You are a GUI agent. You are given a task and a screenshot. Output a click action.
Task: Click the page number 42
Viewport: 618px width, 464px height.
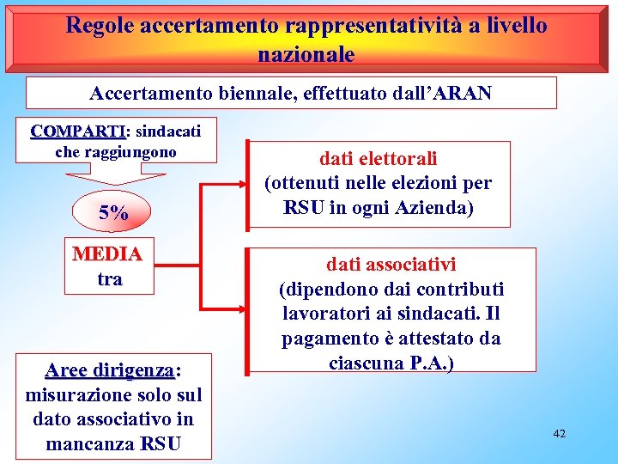point(560,434)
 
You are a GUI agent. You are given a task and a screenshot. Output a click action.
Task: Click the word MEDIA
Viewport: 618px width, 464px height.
point(108,254)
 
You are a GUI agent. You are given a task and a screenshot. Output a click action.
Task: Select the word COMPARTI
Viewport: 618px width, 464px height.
point(78,131)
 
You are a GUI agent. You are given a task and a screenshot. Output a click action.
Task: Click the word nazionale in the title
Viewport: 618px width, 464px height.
point(306,54)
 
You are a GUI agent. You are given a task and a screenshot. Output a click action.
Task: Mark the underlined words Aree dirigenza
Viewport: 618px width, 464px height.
point(109,369)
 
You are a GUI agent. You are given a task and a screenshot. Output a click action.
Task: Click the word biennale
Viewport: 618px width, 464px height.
point(267,93)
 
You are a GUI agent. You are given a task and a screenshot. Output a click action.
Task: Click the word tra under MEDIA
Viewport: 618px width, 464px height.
point(109,279)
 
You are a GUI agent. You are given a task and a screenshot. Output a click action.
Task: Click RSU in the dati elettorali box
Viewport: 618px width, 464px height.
point(299,208)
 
